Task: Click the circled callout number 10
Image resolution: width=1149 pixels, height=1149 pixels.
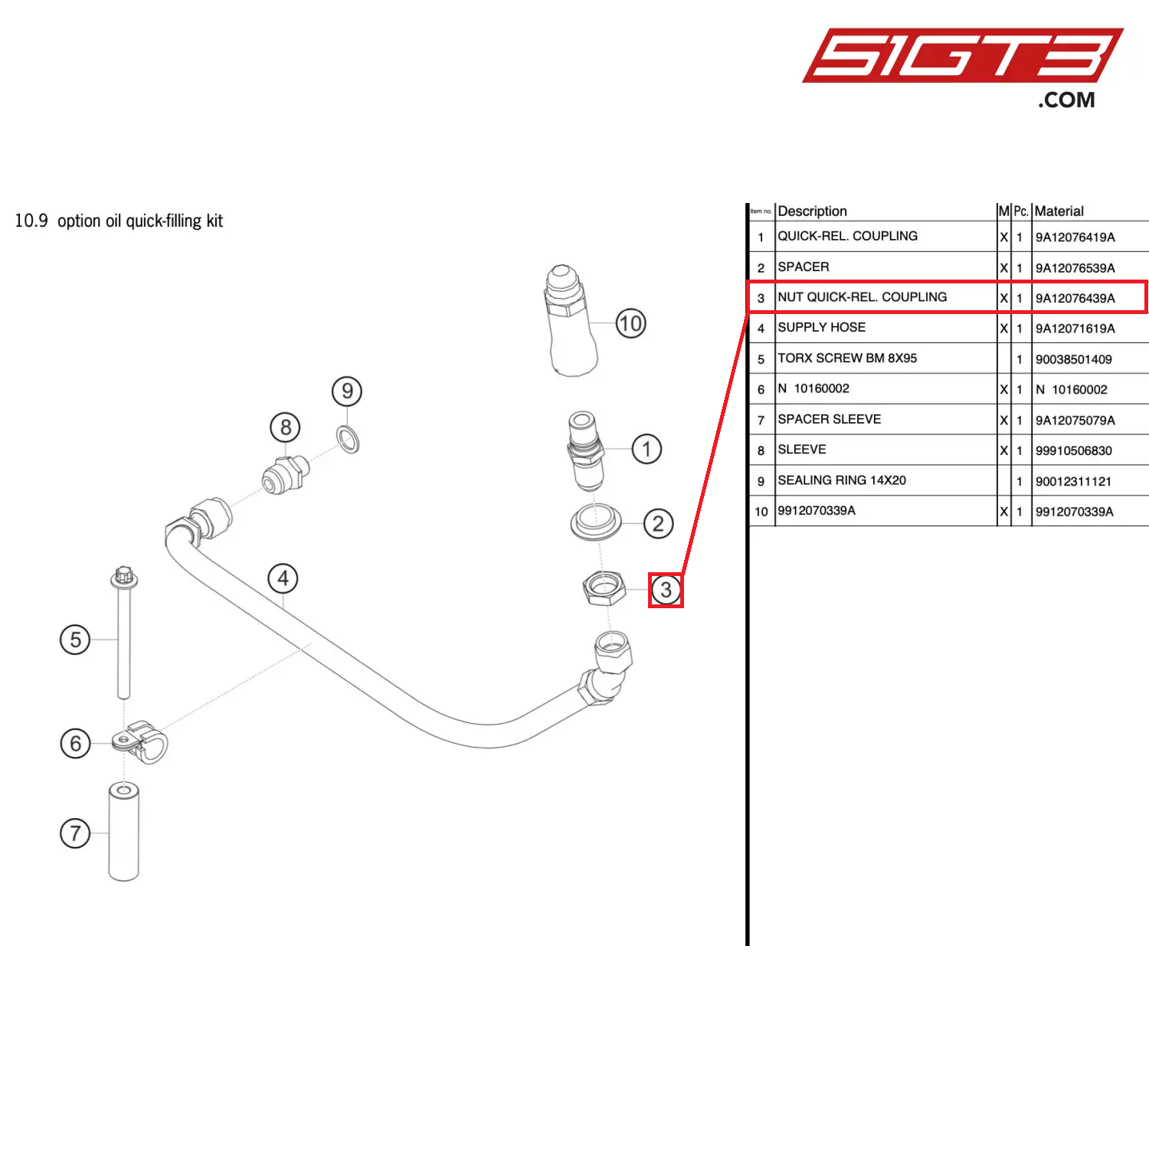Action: coord(630,323)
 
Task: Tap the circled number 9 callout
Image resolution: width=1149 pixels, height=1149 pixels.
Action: coord(347,391)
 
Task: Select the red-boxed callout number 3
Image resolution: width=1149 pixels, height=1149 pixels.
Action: coord(666,590)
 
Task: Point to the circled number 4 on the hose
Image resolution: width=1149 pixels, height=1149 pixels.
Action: coord(283,578)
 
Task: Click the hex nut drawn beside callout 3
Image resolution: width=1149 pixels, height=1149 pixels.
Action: coord(604,588)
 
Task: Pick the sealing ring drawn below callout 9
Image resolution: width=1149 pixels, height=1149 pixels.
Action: coord(349,440)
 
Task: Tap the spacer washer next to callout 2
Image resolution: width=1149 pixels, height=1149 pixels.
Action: coord(596,522)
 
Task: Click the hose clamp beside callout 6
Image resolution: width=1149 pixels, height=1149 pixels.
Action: coord(142,741)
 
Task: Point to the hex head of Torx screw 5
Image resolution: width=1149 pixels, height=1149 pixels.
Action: coord(123,576)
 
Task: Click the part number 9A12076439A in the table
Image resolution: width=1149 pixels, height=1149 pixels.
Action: coord(1075,298)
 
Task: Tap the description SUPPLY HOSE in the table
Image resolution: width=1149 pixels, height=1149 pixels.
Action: coord(821,328)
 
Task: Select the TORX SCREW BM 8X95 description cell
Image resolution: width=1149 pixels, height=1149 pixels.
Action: coord(847,358)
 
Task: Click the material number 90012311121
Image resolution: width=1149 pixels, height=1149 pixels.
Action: coord(1073,481)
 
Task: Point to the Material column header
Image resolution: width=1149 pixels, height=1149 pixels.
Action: coord(1059,211)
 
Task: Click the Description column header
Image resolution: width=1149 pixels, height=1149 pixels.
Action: coord(812,211)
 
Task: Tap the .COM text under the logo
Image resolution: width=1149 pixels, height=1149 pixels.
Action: coord(1066,100)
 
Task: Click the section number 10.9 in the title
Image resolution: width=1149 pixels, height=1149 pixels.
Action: coord(31,221)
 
